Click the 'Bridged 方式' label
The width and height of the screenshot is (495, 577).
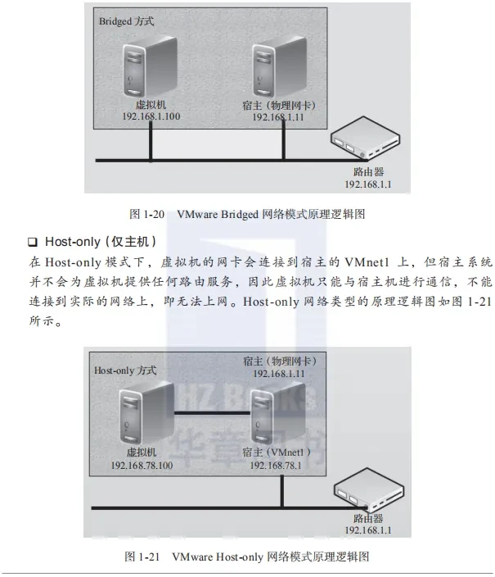tap(126, 21)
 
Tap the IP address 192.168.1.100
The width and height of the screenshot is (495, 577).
tap(151, 116)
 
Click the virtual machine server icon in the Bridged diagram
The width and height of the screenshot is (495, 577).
tap(150, 67)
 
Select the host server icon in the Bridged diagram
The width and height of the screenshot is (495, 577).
tap(280, 67)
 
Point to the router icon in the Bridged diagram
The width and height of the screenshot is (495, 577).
tap(365, 138)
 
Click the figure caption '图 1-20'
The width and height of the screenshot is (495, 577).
tap(146, 214)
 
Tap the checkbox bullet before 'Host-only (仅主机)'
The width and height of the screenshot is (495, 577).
tap(33, 242)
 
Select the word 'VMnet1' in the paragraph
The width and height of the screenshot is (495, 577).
tap(367, 262)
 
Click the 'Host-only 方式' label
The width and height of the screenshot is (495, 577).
tap(125, 370)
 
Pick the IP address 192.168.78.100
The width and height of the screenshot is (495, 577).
tap(142, 466)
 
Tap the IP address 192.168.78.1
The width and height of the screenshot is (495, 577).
tap(276, 466)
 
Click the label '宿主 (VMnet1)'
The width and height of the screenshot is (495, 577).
tap(277, 452)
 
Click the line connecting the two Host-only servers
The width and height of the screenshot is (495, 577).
tap(213, 413)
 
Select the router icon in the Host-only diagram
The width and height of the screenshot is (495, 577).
tap(368, 489)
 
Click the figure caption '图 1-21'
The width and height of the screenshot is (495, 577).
tap(142, 556)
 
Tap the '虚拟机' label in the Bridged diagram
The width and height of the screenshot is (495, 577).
tap(151, 105)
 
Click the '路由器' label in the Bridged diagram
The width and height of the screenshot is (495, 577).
tap(368, 172)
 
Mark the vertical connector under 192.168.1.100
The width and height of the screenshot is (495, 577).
tap(151, 141)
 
